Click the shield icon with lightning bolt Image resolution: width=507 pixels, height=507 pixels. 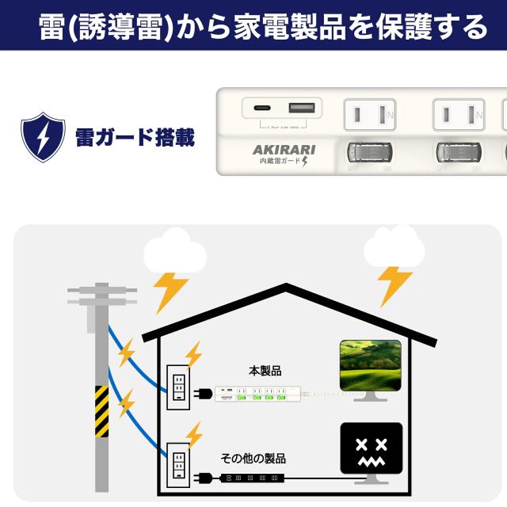43,137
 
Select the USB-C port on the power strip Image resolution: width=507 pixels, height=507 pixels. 262,108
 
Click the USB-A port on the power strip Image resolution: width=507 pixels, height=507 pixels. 299,108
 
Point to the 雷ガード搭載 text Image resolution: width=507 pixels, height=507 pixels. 135,137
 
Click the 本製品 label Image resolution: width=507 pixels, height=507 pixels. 265,370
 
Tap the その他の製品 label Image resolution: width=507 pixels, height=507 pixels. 253,459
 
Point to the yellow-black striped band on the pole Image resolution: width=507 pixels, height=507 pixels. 101,410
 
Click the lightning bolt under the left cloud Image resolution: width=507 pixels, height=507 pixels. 170,292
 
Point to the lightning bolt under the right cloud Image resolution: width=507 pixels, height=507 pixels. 394,284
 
